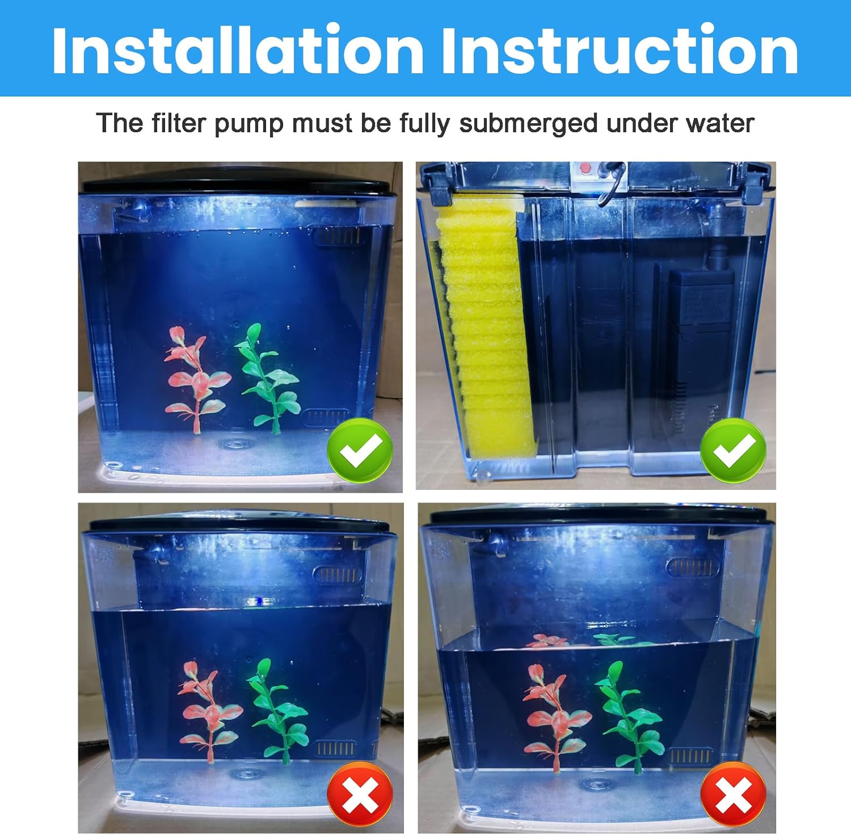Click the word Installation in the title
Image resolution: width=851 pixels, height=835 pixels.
[237, 50]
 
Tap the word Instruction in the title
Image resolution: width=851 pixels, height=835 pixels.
[620, 50]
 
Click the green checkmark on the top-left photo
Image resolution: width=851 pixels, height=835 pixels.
[360, 450]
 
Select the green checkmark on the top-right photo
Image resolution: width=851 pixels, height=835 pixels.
[733, 450]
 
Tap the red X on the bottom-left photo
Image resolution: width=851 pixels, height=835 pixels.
[360, 794]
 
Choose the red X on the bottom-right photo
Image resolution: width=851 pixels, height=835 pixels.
[733, 794]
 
